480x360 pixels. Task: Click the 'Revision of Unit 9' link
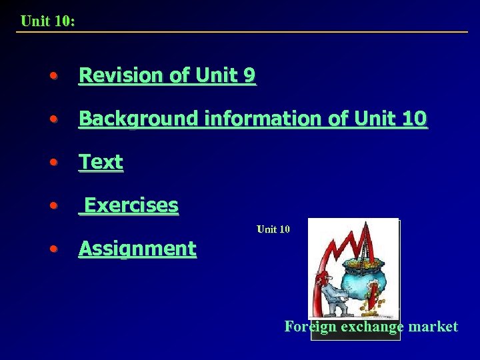[167, 76]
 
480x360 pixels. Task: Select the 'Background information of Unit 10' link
[253, 119]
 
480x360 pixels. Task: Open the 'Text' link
[101, 162]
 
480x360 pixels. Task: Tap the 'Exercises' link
[131, 205]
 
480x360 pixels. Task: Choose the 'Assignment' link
[137, 249]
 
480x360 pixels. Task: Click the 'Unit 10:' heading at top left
[47, 21]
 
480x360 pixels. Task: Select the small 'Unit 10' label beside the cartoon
[273, 229]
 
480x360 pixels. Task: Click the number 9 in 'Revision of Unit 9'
[248, 76]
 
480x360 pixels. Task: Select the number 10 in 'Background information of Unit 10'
[415, 119]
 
